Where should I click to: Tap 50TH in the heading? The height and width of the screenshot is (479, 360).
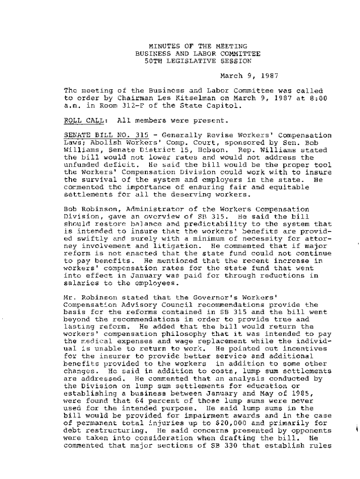tap(154, 61)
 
